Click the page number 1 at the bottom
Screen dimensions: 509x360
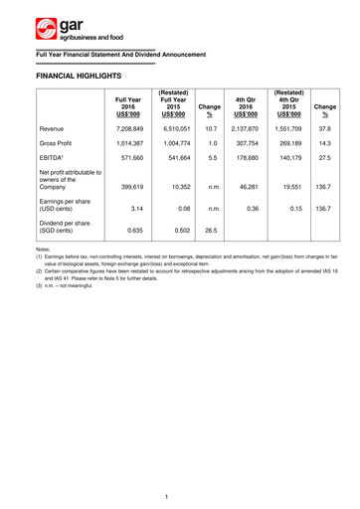pos(180,494)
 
